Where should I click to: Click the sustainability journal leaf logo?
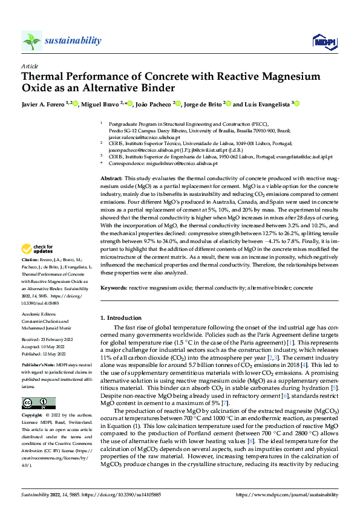pos(31,41)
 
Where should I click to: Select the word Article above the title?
pos(30,65)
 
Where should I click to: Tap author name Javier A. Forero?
pos(43,104)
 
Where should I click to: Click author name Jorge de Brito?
pos(203,104)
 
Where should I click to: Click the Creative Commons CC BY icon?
pos(38,403)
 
